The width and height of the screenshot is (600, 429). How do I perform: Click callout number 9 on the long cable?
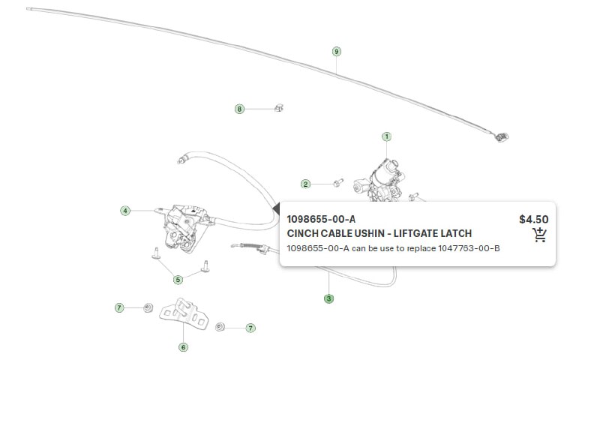click(336, 52)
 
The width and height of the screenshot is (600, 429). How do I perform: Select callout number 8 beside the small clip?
click(239, 109)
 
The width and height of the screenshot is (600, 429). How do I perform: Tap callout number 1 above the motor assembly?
click(387, 136)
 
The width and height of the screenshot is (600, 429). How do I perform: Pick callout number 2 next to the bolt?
click(305, 184)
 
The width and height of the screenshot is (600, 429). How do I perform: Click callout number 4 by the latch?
click(125, 211)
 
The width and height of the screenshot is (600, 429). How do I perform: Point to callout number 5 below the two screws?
click(178, 280)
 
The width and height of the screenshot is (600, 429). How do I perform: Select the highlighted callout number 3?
click(328, 298)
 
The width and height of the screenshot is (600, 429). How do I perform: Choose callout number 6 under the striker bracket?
click(183, 347)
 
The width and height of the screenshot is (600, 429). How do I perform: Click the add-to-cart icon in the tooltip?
click(539, 235)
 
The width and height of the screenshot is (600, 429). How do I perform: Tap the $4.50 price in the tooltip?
click(534, 219)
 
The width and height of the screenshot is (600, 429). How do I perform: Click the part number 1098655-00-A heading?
click(321, 219)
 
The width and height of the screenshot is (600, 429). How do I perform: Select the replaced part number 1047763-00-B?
click(469, 248)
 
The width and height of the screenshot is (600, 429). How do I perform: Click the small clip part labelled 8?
click(279, 108)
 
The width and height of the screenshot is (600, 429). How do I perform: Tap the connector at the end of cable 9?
click(502, 136)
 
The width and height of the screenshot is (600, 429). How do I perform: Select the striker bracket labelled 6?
click(184, 313)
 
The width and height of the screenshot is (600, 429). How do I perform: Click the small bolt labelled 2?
click(338, 182)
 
